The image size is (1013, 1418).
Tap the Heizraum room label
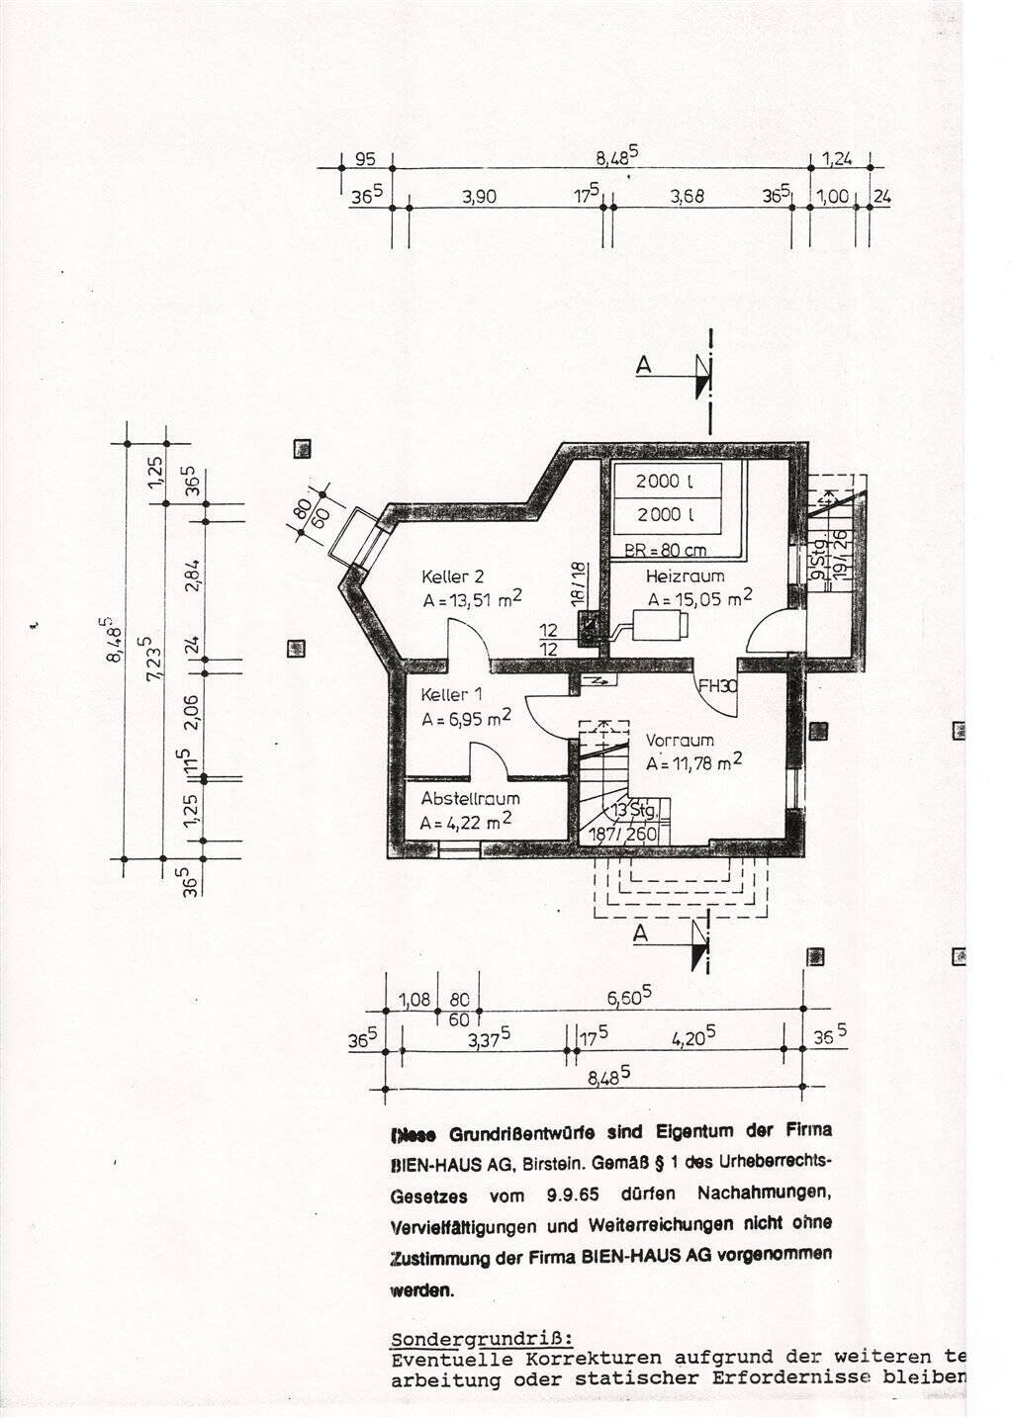click(x=685, y=576)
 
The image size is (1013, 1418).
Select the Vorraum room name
click(x=680, y=740)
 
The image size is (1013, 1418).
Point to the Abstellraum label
click(x=470, y=799)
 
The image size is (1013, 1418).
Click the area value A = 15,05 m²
click(x=699, y=597)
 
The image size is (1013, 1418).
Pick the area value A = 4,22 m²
click(x=465, y=821)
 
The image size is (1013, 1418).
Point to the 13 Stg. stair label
click(x=634, y=811)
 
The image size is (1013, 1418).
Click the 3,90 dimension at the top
click(x=479, y=197)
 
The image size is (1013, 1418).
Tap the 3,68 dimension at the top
click(x=687, y=197)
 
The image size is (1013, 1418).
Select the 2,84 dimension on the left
click(x=193, y=574)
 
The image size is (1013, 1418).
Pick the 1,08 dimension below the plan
click(x=415, y=1000)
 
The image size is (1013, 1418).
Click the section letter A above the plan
click(x=644, y=366)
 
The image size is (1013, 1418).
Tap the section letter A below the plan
click(x=641, y=931)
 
